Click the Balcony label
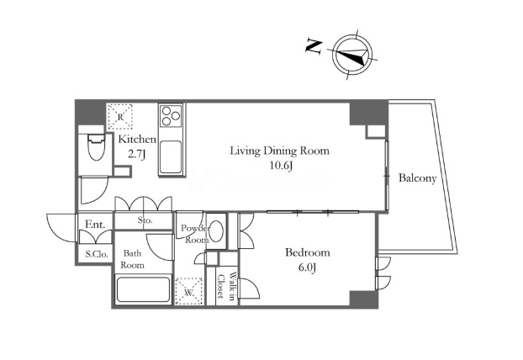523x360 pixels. [418, 178]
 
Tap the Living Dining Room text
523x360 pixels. [279, 151]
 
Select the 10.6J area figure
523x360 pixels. [281, 166]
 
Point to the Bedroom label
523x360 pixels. [308, 252]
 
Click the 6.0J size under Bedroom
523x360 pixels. [307, 267]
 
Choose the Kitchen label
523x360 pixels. [137, 139]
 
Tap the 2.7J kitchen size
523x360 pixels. [137, 154]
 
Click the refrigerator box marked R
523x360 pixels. [120, 116]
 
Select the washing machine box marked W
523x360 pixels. [189, 291]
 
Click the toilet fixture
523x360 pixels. [97, 147]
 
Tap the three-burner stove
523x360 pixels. [171, 115]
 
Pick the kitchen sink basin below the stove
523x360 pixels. [171, 157]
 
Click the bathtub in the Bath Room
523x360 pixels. [143, 289]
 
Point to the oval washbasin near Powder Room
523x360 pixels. [217, 230]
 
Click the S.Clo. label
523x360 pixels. [97, 254]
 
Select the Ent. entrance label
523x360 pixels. [95, 225]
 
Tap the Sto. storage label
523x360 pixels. [145, 220]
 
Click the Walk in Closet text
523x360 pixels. [227, 287]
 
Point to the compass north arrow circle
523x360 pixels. [352, 55]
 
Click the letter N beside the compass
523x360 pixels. [314, 47]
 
